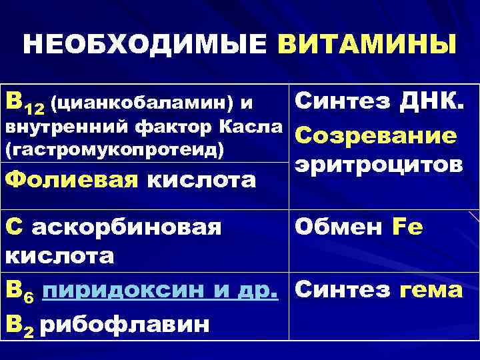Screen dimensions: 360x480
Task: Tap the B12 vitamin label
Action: pyautogui.click(x=24, y=103)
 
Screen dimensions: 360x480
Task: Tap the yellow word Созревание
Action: pyautogui.click(x=375, y=135)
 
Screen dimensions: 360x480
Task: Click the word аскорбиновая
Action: pyautogui.click(x=127, y=227)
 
